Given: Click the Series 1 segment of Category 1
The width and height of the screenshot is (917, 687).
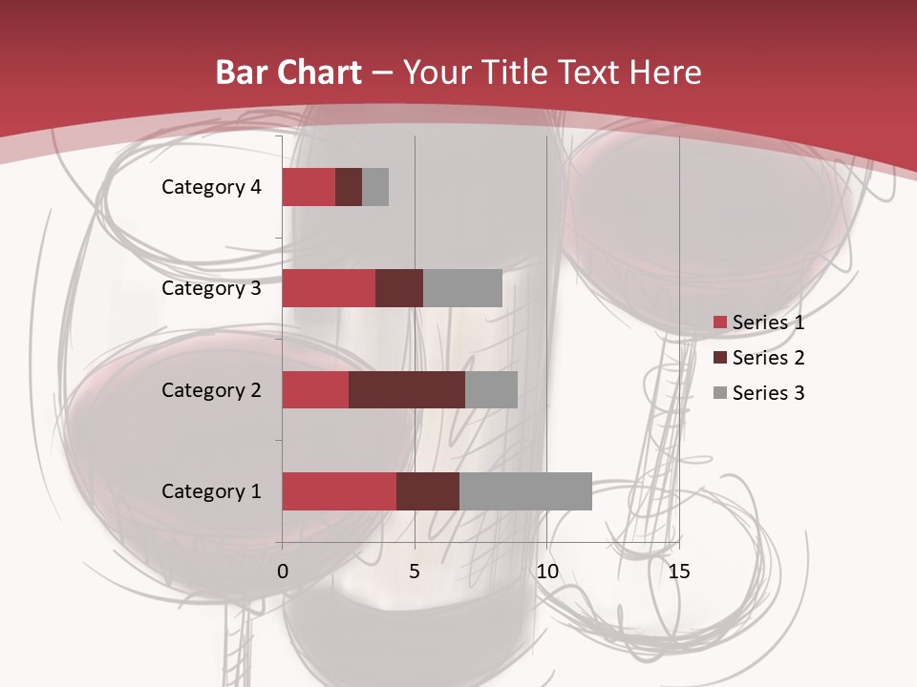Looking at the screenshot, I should [339, 491].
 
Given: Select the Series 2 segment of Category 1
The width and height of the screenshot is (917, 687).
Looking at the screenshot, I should [428, 491].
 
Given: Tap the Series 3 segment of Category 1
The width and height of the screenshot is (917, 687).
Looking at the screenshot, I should [525, 491].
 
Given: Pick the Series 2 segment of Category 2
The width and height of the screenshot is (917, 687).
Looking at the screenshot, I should [407, 389].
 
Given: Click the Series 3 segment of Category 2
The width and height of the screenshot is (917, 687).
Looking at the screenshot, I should [491, 389].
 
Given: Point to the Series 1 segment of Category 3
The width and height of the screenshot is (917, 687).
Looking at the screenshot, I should [329, 288].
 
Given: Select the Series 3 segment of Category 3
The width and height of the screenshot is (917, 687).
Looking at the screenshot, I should [462, 288].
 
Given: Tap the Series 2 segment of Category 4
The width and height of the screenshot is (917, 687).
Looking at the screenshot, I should [349, 187].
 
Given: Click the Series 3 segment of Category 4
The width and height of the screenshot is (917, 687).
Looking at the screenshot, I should [375, 187].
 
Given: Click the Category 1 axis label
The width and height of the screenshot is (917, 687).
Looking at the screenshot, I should [211, 491].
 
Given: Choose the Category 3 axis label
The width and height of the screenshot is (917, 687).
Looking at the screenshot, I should [211, 288].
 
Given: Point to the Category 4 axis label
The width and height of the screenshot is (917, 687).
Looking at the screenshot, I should [211, 187].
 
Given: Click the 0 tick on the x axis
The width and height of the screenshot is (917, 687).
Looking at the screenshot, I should [283, 572].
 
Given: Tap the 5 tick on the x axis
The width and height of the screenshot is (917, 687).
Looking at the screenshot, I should [415, 572].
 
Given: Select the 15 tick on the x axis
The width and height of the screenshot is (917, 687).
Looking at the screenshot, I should [679, 572].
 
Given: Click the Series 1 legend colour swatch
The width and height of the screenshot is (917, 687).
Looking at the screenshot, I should [719, 323].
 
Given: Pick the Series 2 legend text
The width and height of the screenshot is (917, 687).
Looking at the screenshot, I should [768, 358].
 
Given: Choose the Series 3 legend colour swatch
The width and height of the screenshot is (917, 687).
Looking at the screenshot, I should [719, 393].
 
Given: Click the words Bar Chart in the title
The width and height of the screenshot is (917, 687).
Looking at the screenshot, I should [288, 73].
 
